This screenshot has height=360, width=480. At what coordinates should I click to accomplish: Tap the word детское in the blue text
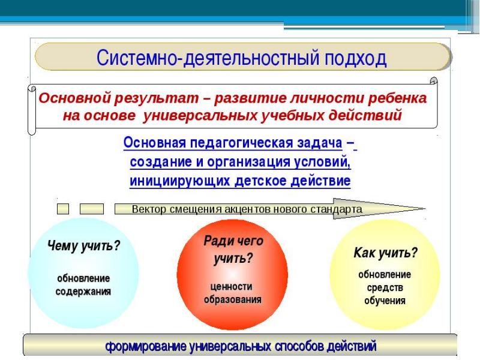click(256, 180)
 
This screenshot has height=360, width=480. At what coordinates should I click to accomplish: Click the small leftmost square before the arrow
click(63, 209)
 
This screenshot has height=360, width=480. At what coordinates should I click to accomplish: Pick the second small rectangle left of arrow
click(91, 209)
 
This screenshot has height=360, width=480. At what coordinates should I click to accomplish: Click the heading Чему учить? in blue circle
click(83, 247)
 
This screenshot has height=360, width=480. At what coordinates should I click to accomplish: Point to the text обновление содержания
click(83, 286)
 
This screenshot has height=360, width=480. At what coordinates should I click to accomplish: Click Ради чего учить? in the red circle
click(233, 248)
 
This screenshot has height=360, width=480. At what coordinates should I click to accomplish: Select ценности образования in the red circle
click(233, 292)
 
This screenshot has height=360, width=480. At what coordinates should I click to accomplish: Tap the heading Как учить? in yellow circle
click(385, 253)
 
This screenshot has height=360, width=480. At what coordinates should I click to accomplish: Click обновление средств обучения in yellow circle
click(385, 287)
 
